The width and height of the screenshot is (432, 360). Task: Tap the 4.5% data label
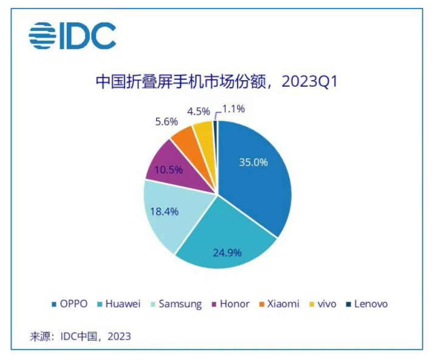point(198,111)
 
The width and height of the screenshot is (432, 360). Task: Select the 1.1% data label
point(233,109)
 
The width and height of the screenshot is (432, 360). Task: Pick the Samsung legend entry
point(176,304)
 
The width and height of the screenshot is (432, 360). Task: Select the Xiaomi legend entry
point(278,304)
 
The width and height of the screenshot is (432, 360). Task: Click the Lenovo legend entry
point(366,304)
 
